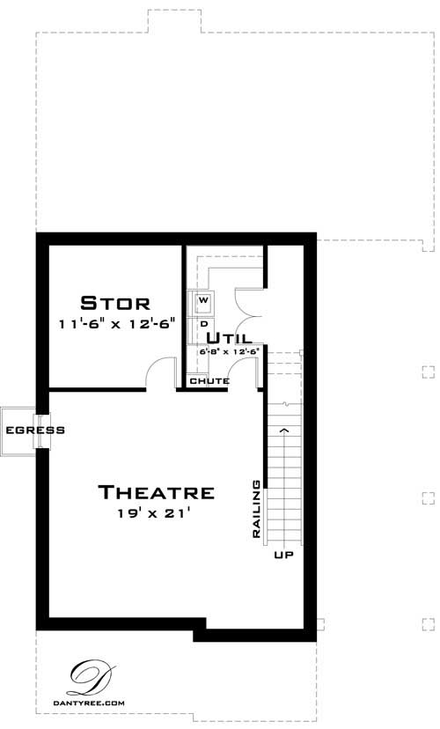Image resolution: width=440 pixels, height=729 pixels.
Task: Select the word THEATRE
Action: pyautogui.click(x=156, y=492)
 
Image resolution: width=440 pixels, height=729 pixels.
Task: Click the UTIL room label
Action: pyautogui.click(x=230, y=337)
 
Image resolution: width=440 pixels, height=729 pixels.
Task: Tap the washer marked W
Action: pyautogui.click(x=202, y=303)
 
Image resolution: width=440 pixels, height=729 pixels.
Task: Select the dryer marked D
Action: pyautogui.click(x=202, y=323)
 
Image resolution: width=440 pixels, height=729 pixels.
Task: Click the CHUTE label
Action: pyautogui.click(x=209, y=381)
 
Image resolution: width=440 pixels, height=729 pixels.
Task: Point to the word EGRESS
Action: pyautogui.click(x=23, y=431)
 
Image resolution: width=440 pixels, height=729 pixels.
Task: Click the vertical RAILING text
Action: pyautogui.click(x=256, y=509)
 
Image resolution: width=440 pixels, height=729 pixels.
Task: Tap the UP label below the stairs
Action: pyautogui.click(x=282, y=556)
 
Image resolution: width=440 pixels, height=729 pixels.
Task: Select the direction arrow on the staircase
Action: pyautogui.click(x=283, y=430)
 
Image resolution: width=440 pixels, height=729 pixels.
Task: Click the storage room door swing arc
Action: pyautogui.click(x=159, y=371)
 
